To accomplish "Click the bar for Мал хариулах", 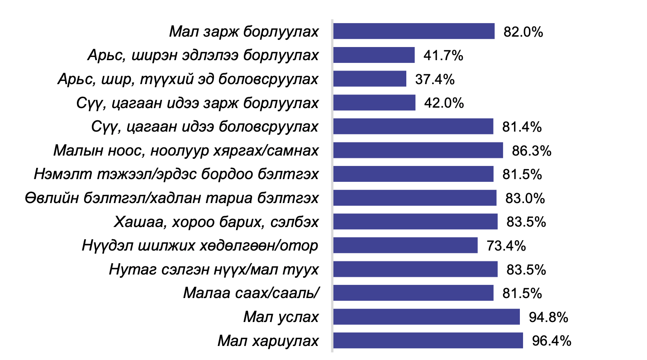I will click(428, 341).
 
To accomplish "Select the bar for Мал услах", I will click(426, 317).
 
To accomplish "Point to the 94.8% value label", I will click(548, 317).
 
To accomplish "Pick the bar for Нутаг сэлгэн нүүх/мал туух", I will click(415, 270).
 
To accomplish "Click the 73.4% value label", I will click(506, 246).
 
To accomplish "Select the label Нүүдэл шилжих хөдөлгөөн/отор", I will click(200, 246).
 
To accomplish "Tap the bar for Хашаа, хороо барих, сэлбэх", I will click(415, 222).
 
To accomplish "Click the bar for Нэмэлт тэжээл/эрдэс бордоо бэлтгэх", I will click(413, 174).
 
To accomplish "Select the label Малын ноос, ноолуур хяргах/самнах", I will click(186, 151).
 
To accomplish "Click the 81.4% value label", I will click(522, 127).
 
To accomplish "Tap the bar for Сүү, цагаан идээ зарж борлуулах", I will click(374, 103).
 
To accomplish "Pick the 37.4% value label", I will click(435, 79).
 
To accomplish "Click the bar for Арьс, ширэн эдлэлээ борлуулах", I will click(374, 55).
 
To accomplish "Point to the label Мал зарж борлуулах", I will click(244, 32).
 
